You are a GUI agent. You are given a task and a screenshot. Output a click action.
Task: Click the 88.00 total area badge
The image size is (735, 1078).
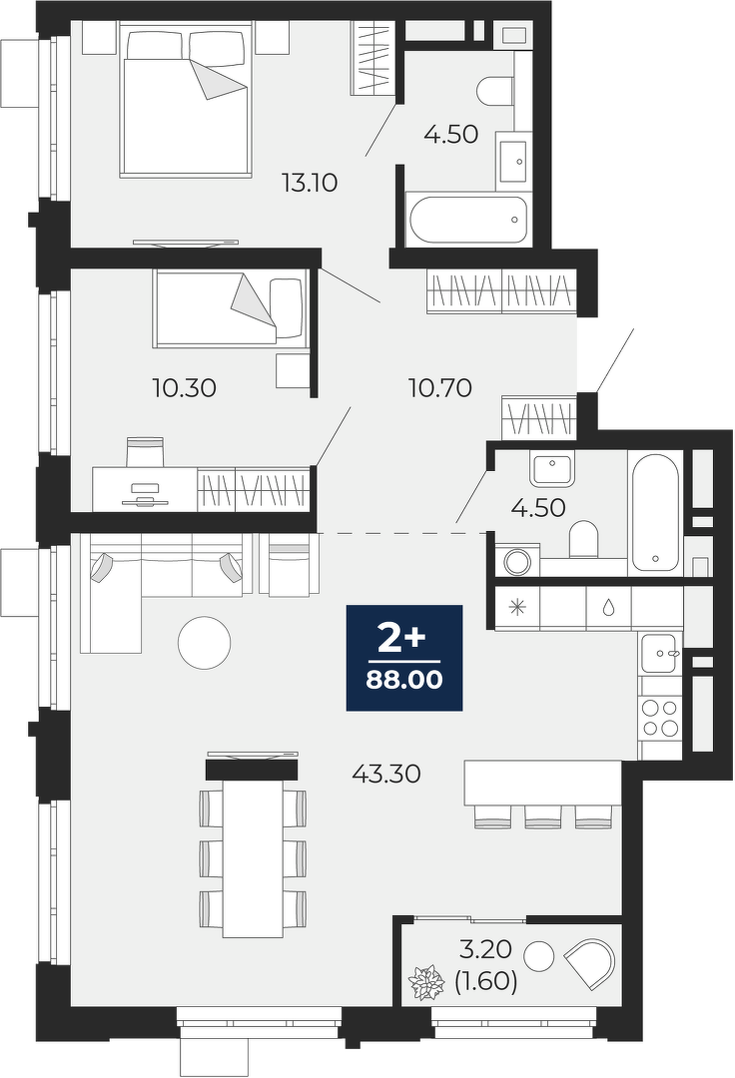point(404,657)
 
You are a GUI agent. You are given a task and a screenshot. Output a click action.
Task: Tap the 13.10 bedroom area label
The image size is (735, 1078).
point(310,183)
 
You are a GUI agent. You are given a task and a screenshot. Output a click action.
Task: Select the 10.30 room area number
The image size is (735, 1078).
point(185,388)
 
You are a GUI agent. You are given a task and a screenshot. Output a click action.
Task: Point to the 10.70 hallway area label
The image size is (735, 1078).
point(440,388)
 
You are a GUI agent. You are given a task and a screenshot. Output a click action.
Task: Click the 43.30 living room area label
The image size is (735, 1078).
point(386,775)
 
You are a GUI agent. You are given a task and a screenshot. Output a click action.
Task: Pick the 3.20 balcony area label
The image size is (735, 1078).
point(486,949)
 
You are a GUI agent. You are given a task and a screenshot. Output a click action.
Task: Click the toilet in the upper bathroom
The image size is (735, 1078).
point(495,92)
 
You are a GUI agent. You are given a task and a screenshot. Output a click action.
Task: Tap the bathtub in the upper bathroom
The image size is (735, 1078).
point(468,220)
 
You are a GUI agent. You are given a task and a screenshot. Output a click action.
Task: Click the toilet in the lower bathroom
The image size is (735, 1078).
point(584,539)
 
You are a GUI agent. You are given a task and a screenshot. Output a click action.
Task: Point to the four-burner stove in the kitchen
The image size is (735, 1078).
point(660,717)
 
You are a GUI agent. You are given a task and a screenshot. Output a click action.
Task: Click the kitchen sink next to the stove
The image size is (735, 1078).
point(660,653)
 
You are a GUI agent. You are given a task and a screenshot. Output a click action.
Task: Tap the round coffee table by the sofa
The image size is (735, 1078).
point(204,644)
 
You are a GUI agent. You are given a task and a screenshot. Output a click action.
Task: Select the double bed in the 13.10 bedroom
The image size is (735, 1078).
point(184,100)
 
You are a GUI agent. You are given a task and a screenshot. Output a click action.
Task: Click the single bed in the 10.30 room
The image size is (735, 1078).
point(229,306)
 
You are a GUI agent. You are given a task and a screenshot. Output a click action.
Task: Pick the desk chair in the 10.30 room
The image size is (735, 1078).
point(145,451)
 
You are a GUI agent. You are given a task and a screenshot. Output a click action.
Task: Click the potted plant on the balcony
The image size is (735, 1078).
point(428,982)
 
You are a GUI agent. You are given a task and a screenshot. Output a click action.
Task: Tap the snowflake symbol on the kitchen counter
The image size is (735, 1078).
point(516,607)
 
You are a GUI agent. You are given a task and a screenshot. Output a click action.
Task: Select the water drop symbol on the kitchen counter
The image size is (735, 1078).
point(608,607)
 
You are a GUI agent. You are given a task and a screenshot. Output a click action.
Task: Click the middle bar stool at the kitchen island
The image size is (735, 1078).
point(543,815)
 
